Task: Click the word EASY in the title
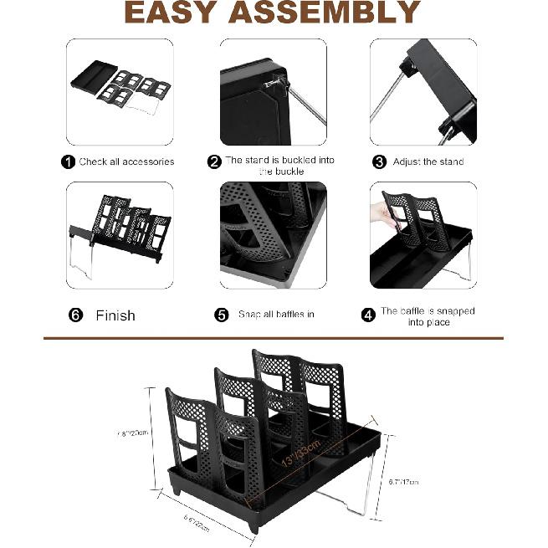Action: coord(174,13)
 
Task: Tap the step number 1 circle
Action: coord(68,161)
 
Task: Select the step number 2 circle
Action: coord(215,161)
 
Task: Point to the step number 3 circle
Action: coord(379,161)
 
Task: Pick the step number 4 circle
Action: coord(368,315)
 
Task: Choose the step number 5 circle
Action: coord(222,315)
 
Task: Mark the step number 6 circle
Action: coord(76,315)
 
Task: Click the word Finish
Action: coord(115,315)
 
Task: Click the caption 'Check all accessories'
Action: coord(126,161)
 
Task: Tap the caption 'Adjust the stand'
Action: coord(428,161)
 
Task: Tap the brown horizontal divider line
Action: coord(274,339)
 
